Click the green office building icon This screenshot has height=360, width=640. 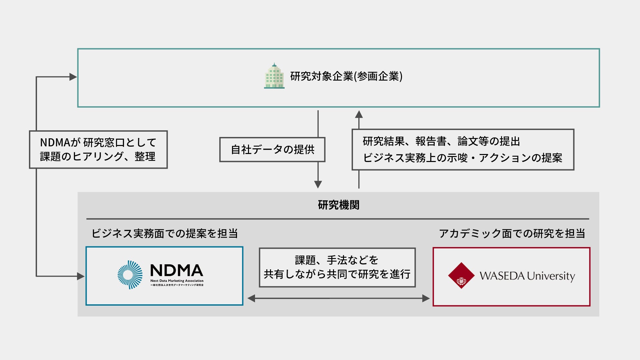pos(274,76)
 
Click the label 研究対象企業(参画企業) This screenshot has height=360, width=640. pos(346,76)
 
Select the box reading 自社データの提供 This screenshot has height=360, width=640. pos(272,150)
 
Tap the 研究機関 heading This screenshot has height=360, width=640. pos(338,205)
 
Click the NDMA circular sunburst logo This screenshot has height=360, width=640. pos(130,275)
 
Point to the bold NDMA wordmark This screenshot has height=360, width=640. pos(176,270)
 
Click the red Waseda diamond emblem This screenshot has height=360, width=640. pos(461,275)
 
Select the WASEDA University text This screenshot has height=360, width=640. pos(527,276)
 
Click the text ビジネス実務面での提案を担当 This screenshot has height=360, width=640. pos(165,233)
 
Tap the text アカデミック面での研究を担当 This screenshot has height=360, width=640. pos(512,233)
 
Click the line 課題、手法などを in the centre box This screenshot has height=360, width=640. pos(337,260)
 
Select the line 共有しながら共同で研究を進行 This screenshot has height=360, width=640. pos(337,274)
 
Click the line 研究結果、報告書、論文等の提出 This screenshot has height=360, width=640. pos(441,141)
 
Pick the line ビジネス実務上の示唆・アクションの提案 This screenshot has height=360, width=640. pos(462,158)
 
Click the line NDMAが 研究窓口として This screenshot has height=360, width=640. pos(98,143)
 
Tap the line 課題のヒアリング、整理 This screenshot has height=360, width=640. pos(98,157)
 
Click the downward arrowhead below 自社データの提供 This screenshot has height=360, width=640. pos(318,184)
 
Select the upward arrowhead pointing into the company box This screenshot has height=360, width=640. pos(359,114)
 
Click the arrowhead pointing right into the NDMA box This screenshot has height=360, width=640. pos(80,276)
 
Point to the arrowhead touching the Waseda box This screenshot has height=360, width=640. pos(426,298)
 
